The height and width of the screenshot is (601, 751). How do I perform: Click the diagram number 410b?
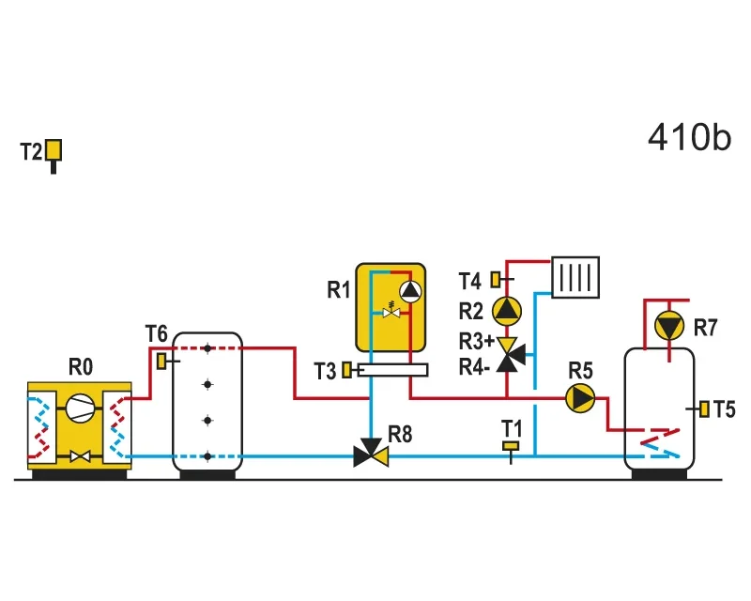tap(689, 137)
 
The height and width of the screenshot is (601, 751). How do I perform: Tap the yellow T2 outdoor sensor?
tap(54, 150)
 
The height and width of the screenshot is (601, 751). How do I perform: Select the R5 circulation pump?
tap(580, 398)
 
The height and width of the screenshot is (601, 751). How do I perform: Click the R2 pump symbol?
tap(507, 311)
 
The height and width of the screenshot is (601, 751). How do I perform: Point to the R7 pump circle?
tap(669, 326)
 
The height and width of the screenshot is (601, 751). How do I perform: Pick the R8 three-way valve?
tap(371, 453)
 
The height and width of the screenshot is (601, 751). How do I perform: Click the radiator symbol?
tap(575, 278)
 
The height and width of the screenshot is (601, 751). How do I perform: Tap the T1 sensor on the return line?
tap(511, 446)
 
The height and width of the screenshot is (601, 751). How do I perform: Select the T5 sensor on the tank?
tap(704, 408)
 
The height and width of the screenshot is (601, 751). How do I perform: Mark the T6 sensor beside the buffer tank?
tap(161, 361)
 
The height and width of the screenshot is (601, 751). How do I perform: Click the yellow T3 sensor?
tap(346, 370)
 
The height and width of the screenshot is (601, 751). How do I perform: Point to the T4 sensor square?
tap(496, 280)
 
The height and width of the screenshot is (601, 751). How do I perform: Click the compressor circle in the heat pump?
tap(80, 408)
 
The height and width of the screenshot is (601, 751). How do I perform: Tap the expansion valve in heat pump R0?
tap(80, 456)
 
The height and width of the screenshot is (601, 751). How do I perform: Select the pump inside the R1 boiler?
tap(410, 291)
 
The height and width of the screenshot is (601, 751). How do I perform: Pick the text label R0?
tap(81, 367)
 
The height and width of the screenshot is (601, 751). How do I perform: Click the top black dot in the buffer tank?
tap(207, 348)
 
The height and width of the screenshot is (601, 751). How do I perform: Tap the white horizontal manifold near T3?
tap(392, 370)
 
